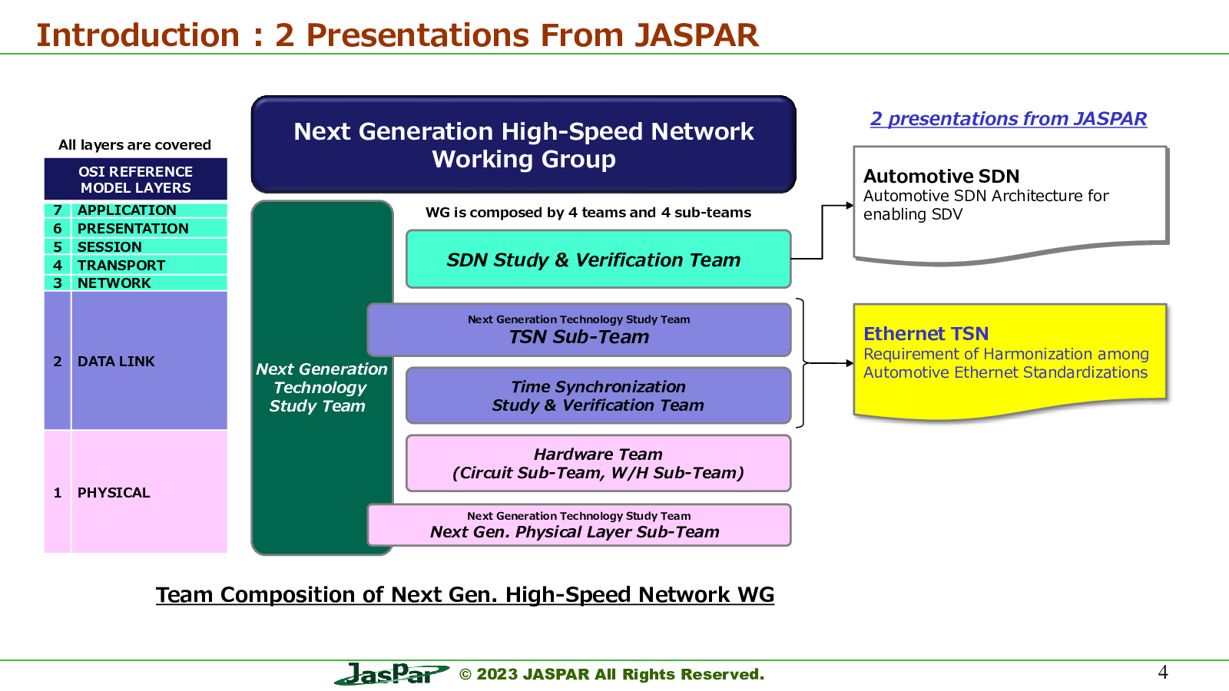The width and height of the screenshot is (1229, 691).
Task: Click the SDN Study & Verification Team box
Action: point(598,259)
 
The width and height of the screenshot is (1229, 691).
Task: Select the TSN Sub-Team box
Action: point(579,329)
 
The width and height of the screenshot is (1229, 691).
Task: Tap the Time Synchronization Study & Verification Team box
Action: point(598,395)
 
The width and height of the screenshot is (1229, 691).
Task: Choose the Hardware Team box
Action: point(598,464)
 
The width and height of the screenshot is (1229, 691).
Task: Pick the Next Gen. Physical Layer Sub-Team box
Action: point(579,525)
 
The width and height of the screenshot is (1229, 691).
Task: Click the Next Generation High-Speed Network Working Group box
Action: point(523,144)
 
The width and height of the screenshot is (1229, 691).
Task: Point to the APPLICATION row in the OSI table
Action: point(135,210)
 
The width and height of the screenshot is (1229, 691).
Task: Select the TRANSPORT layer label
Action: point(121,266)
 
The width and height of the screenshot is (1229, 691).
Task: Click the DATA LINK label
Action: point(116,362)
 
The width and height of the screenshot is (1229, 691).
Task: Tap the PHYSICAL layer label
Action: point(114,492)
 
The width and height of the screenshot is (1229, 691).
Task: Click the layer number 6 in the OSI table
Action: point(58,229)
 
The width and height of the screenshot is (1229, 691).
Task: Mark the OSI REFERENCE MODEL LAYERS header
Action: point(135,180)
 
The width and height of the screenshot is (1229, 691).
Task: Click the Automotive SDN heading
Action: point(942,176)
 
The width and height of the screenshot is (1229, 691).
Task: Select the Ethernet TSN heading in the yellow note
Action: point(926,333)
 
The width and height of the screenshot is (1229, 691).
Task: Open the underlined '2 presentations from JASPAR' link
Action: point(1009,118)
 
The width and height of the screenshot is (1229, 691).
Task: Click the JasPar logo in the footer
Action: point(391,673)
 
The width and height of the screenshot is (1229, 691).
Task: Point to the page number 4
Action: point(1163,672)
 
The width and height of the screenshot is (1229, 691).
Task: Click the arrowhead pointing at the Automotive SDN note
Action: point(850,206)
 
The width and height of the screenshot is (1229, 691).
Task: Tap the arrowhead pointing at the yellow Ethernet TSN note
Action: point(850,363)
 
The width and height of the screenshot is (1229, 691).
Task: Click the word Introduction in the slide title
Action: point(138,35)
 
